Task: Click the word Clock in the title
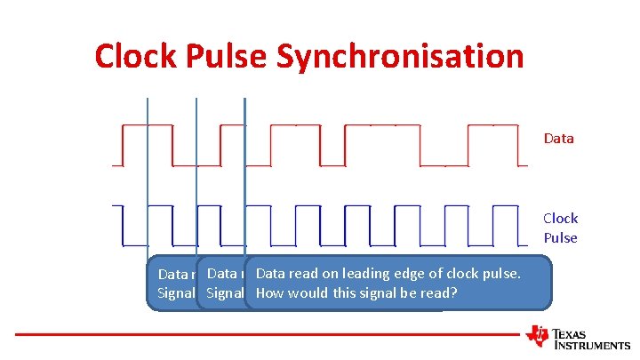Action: pyautogui.click(x=136, y=56)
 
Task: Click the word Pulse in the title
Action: pyautogui.click(x=227, y=56)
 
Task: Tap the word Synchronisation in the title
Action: pyautogui.click(x=401, y=56)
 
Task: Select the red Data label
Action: pyautogui.click(x=559, y=139)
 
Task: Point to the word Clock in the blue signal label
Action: pyautogui.click(x=561, y=219)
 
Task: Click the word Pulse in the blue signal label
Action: pyautogui.click(x=561, y=238)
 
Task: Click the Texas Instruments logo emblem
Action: pyautogui.click(x=538, y=335)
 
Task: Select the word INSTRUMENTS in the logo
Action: pyautogui.click(x=591, y=345)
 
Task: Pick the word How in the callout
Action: pyautogui.click(x=269, y=292)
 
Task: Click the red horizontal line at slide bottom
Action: pyautogui.click(x=267, y=334)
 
